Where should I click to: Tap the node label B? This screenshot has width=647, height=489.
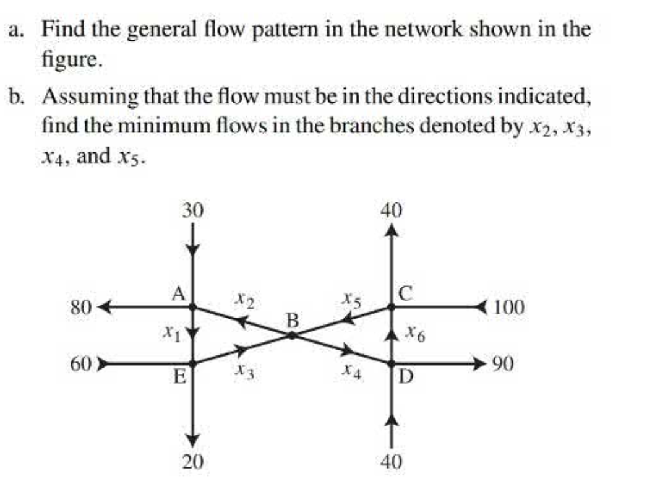[293, 321]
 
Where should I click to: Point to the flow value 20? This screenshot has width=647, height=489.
[193, 461]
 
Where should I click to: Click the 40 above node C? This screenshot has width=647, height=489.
[391, 210]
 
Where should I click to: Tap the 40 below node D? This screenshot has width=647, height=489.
[392, 461]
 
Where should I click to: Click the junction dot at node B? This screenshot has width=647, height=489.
[292, 335]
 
